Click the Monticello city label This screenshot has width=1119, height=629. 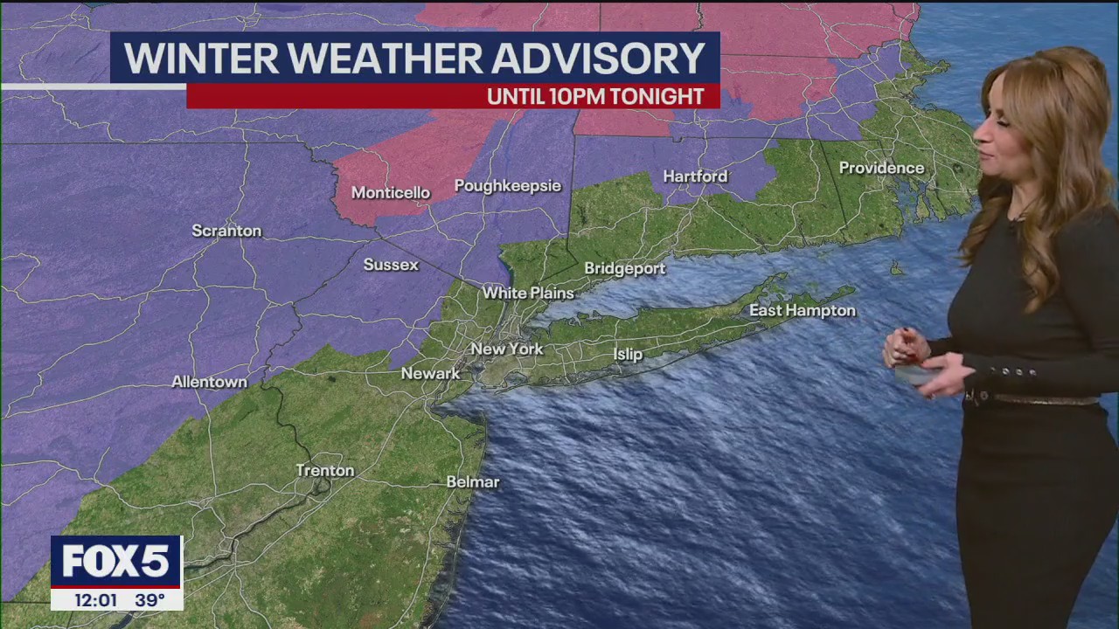tap(391, 193)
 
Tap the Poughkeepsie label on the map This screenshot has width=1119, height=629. tap(507, 186)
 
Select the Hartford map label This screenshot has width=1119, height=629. tap(695, 176)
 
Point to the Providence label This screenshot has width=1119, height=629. tap(881, 168)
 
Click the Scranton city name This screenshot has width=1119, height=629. tap(226, 232)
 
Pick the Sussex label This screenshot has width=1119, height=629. tap(391, 265)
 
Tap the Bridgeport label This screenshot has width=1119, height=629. tap(624, 269)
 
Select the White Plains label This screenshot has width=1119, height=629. tap(528, 294)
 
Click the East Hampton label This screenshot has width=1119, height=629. tap(802, 311)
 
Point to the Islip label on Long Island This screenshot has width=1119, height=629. tap(628, 355)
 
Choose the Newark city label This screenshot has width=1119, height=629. tap(430, 374)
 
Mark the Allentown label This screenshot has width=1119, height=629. tap(209, 383)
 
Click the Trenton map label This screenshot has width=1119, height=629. tap(325, 471)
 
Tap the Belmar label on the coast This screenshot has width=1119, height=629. tap(472, 482)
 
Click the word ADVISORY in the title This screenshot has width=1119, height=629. tap(599, 59)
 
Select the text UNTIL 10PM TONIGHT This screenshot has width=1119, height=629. tap(595, 97)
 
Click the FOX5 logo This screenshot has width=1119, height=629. tap(115, 562)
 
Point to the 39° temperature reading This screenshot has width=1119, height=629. tap(149, 600)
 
